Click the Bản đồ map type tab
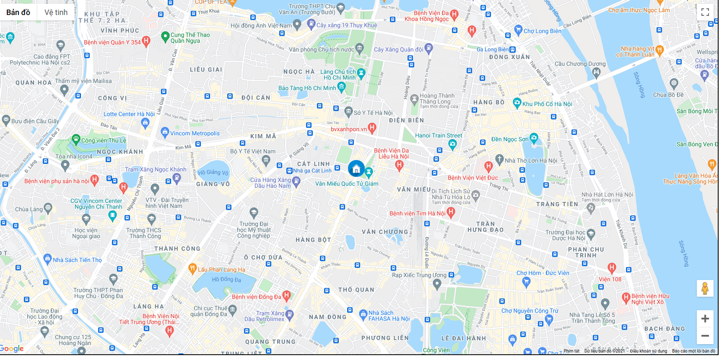(x=18, y=12)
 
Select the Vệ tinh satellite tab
(x=56, y=12)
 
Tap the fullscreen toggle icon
(x=705, y=12)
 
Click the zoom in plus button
(x=705, y=319)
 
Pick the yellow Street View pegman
(x=705, y=289)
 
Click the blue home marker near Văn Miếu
(x=356, y=169)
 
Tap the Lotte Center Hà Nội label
(x=129, y=114)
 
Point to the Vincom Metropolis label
(x=195, y=134)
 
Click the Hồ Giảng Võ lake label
(x=213, y=173)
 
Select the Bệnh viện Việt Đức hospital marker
(x=488, y=167)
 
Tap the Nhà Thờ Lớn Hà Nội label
(x=530, y=161)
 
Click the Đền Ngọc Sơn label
(x=510, y=139)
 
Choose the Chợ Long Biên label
(x=542, y=31)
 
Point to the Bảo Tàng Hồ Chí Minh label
(x=307, y=88)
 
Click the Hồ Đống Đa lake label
(x=226, y=279)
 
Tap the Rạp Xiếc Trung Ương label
(x=419, y=275)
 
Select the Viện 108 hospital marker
(x=612, y=267)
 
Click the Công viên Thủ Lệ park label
(x=104, y=141)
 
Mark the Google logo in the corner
(x=12, y=349)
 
